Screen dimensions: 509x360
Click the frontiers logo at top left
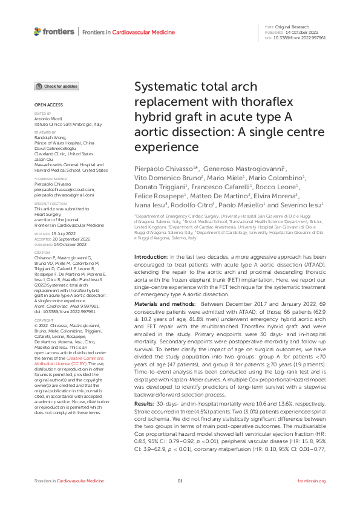[x=47, y=30]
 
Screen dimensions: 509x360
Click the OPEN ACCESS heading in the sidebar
[x=45, y=105]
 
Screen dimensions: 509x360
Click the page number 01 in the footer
[x=180, y=498]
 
